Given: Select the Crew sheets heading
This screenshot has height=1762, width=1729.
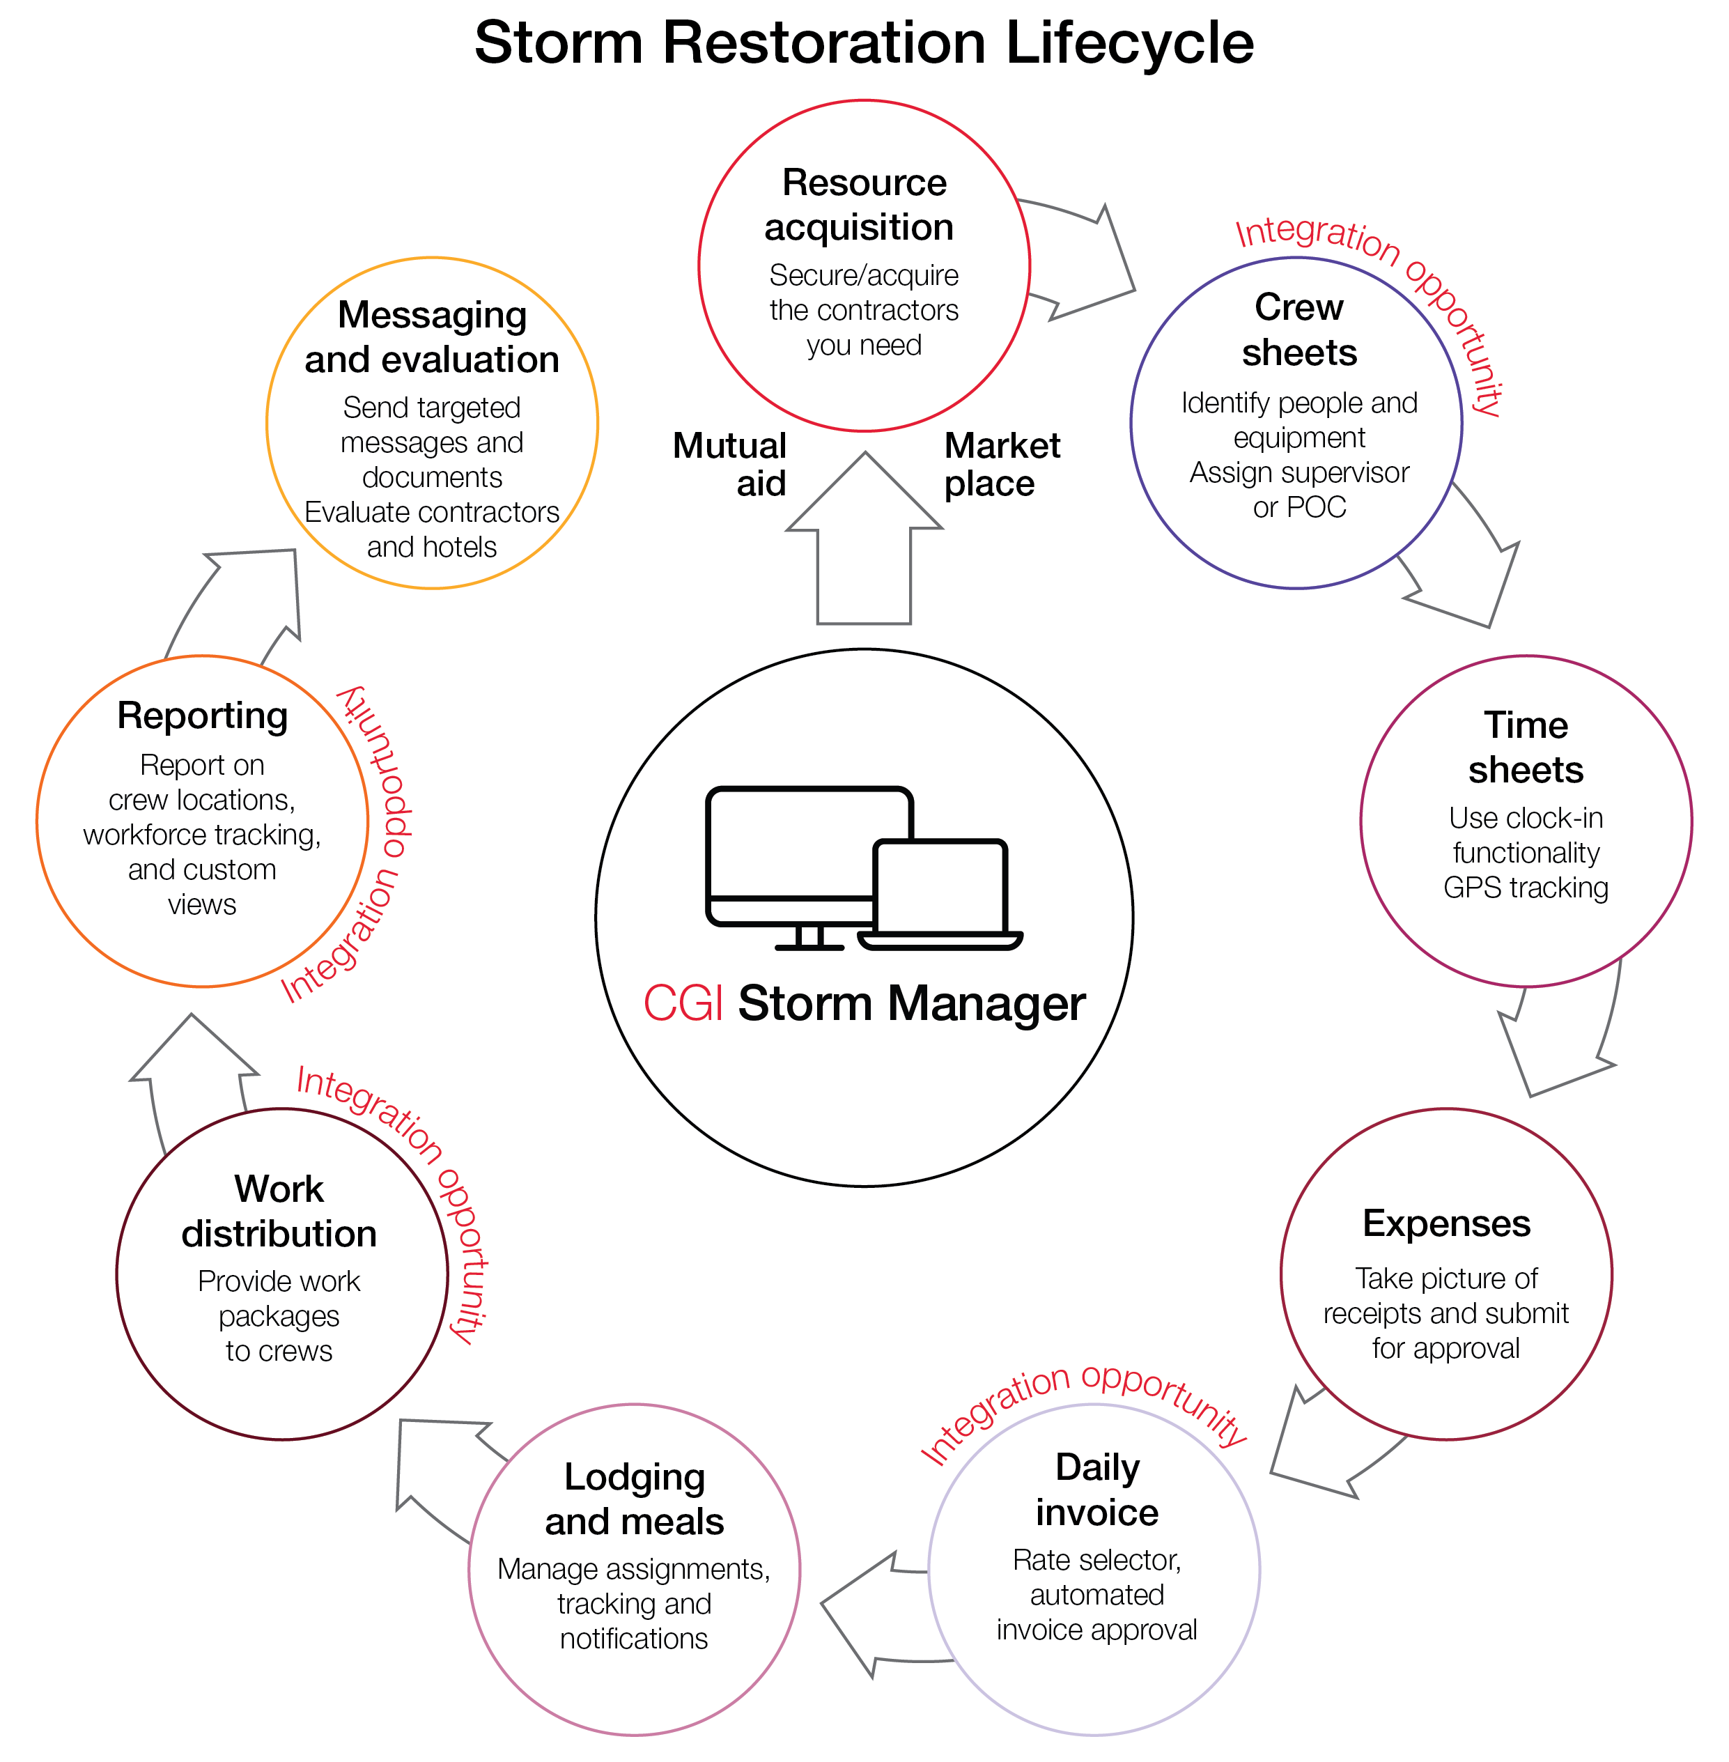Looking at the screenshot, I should point(1298,330).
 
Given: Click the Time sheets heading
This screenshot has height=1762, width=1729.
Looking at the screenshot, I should point(1526,747).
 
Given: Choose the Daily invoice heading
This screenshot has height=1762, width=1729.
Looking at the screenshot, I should point(1097,1490).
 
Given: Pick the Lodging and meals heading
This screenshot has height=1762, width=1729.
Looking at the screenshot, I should point(634,1499).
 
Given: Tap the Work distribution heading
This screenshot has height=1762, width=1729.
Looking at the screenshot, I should point(279,1211).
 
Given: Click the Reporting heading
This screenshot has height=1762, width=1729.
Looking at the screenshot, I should point(203,716).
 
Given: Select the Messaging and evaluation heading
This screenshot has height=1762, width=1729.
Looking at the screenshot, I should point(431,337).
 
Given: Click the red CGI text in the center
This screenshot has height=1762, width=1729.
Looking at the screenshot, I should point(683,1003).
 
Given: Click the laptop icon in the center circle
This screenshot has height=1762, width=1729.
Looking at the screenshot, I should point(940,895).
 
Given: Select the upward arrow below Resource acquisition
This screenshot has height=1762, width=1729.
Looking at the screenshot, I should point(864,545).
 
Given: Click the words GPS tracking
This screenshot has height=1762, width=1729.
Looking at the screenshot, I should point(1526,888).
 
